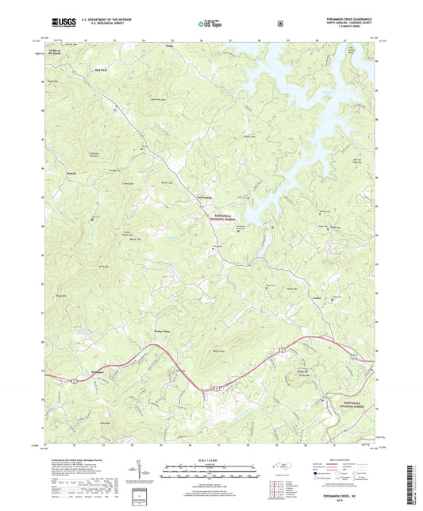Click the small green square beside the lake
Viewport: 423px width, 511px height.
[274, 229]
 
